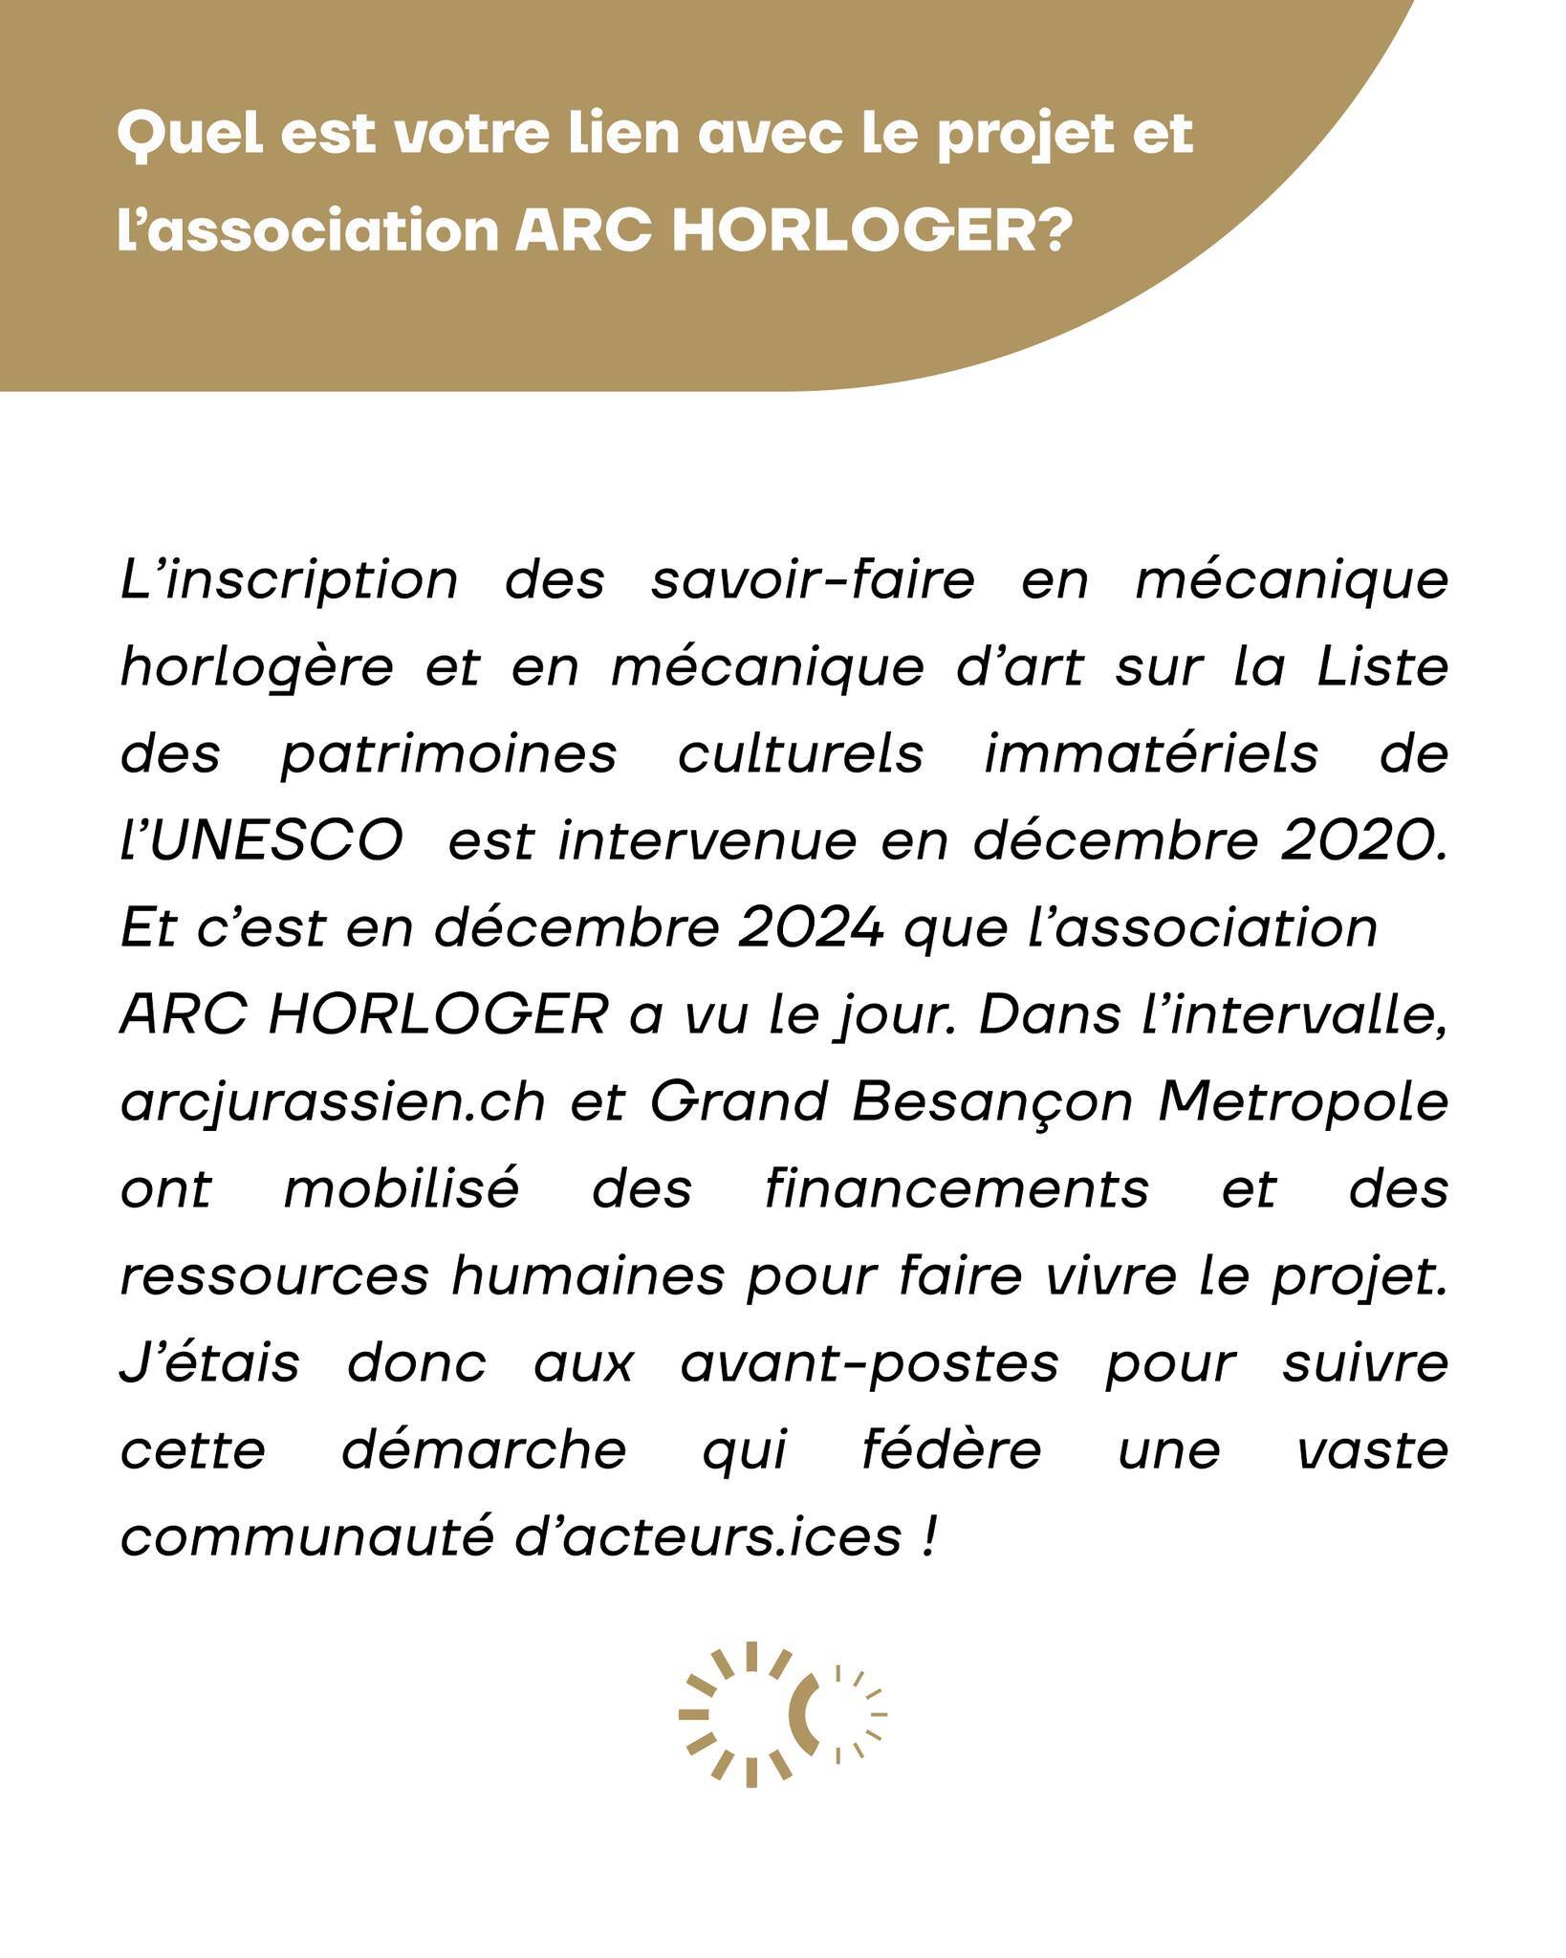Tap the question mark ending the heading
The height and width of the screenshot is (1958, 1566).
(x=1049, y=231)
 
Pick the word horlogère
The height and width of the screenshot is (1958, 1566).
(x=256, y=668)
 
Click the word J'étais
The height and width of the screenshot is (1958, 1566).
(x=209, y=1364)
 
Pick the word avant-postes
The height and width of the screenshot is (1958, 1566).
(x=869, y=1365)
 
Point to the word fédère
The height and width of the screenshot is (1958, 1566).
(x=950, y=1451)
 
